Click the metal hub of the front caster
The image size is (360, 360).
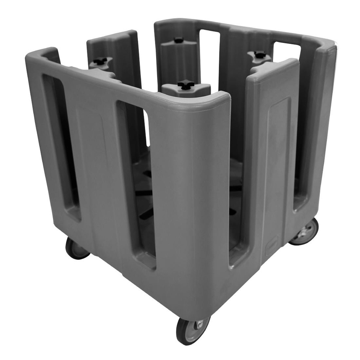[199, 324]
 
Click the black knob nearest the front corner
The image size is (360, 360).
[186, 84]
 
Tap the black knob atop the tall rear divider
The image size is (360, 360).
[179, 40]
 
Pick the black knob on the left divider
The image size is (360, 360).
[100, 61]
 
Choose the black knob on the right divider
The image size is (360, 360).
[260, 54]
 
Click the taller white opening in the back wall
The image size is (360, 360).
[209, 56]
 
